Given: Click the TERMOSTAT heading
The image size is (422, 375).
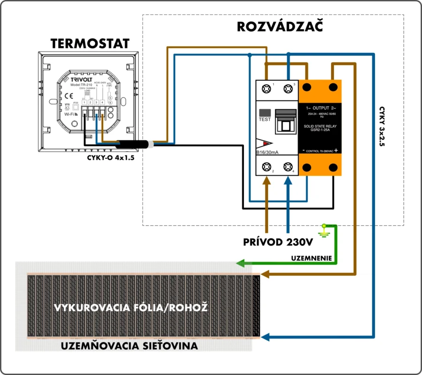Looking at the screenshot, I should click(x=90, y=44).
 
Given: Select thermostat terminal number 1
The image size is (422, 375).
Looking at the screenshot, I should click(x=84, y=102).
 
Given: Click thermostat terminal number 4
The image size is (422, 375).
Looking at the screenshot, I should click(x=102, y=102).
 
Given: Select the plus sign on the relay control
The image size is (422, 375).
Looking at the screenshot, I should click(x=336, y=150).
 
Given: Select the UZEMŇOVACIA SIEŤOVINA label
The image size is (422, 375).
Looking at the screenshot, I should click(x=129, y=346).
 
